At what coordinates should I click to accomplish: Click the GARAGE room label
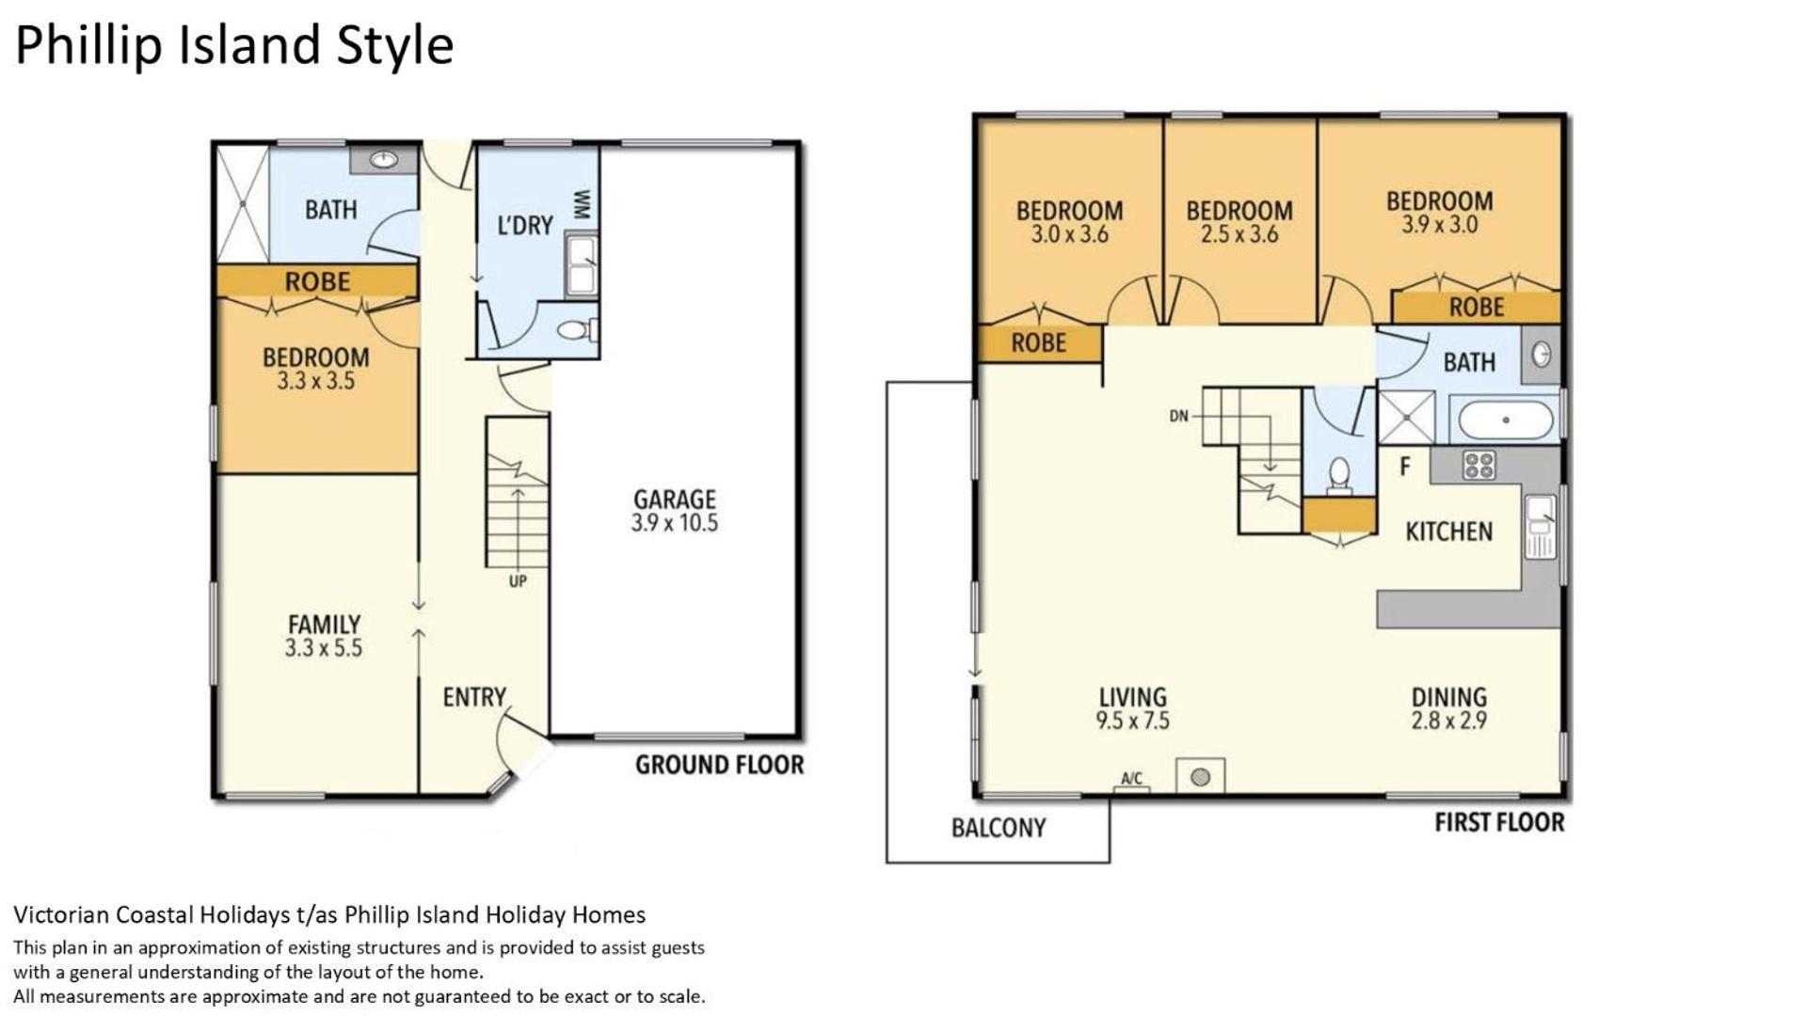pyautogui.click(x=674, y=500)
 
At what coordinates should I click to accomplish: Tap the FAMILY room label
pyautogui.click(x=324, y=625)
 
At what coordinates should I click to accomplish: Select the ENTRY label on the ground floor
pyautogui.click(x=474, y=697)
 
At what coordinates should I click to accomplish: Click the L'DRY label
pyautogui.click(x=524, y=226)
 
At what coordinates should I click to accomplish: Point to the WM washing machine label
pyautogui.click(x=582, y=204)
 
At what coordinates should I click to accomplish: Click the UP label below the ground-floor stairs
pyautogui.click(x=518, y=581)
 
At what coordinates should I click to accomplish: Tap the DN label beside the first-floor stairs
pyautogui.click(x=1179, y=416)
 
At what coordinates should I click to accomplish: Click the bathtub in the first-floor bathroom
pyautogui.click(x=1505, y=420)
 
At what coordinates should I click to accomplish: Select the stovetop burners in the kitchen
pyautogui.click(x=1479, y=465)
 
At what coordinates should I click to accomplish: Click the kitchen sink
pyautogui.click(x=1541, y=527)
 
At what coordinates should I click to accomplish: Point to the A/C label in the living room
pyautogui.click(x=1131, y=779)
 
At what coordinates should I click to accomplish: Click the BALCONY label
pyautogui.click(x=999, y=828)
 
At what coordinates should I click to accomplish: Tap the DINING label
pyautogui.click(x=1448, y=697)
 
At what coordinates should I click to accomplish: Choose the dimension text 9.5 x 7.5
pyautogui.click(x=1132, y=721)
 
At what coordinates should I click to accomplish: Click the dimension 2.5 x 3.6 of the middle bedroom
pyautogui.click(x=1239, y=234)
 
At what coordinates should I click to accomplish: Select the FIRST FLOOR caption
pyautogui.click(x=1499, y=823)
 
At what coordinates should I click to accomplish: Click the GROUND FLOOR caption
pyautogui.click(x=720, y=765)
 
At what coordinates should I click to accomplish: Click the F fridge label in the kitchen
pyautogui.click(x=1405, y=466)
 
